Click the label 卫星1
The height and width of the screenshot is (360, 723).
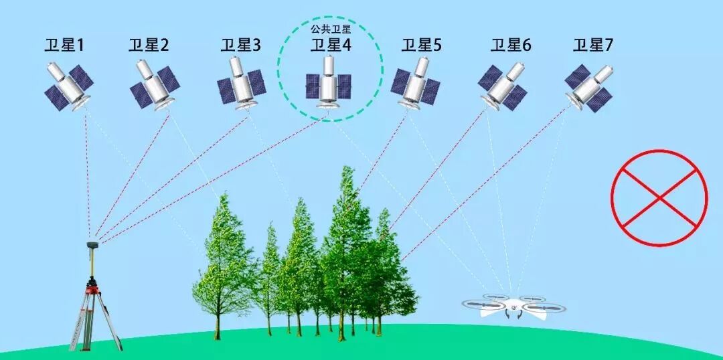click(x=64, y=46)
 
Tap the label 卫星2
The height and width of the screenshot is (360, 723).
click(x=148, y=46)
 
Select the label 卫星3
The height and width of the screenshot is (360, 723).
click(x=240, y=46)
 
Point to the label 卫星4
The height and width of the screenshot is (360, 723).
click(x=331, y=46)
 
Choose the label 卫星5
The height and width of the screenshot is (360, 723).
click(x=421, y=46)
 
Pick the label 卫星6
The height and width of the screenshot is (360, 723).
click(x=511, y=46)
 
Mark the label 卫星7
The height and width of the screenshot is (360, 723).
click(x=592, y=46)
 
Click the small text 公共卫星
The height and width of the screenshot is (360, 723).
click(x=331, y=29)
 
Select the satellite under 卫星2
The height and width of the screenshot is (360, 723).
click(x=153, y=84)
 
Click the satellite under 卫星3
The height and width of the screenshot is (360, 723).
click(x=241, y=83)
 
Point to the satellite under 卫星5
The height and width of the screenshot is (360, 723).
click(x=416, y=83)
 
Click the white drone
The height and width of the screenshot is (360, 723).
click(x=513, y=307)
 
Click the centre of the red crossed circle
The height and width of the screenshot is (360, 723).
click(x=659, y=198)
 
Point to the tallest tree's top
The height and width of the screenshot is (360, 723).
click(x=347, y=170)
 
